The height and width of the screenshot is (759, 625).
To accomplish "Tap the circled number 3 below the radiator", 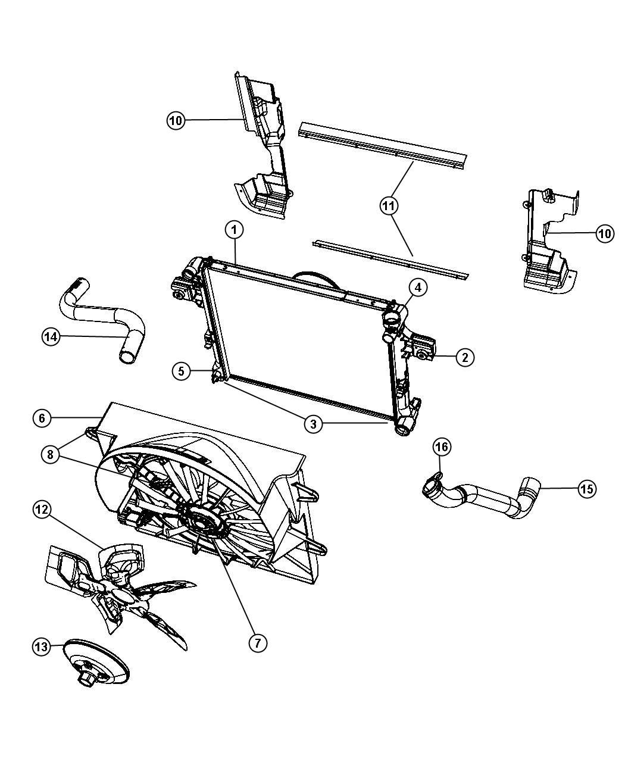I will pos(313,424).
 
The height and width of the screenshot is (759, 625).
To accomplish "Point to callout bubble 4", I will pos(418,288).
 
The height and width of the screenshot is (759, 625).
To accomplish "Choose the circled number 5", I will pos(182,371).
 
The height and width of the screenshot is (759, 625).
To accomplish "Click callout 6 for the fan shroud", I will pos(42,418).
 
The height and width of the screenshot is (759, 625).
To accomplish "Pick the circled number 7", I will pos(257,643).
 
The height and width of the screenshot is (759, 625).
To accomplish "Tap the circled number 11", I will pos(390,206).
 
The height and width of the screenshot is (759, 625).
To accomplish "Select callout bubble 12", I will pos(42,510).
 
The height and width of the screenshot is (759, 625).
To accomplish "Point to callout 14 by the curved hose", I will pos(52,336).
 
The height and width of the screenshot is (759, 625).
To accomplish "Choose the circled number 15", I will pos(586,489).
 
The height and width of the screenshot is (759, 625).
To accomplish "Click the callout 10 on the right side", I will pos(604,234).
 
